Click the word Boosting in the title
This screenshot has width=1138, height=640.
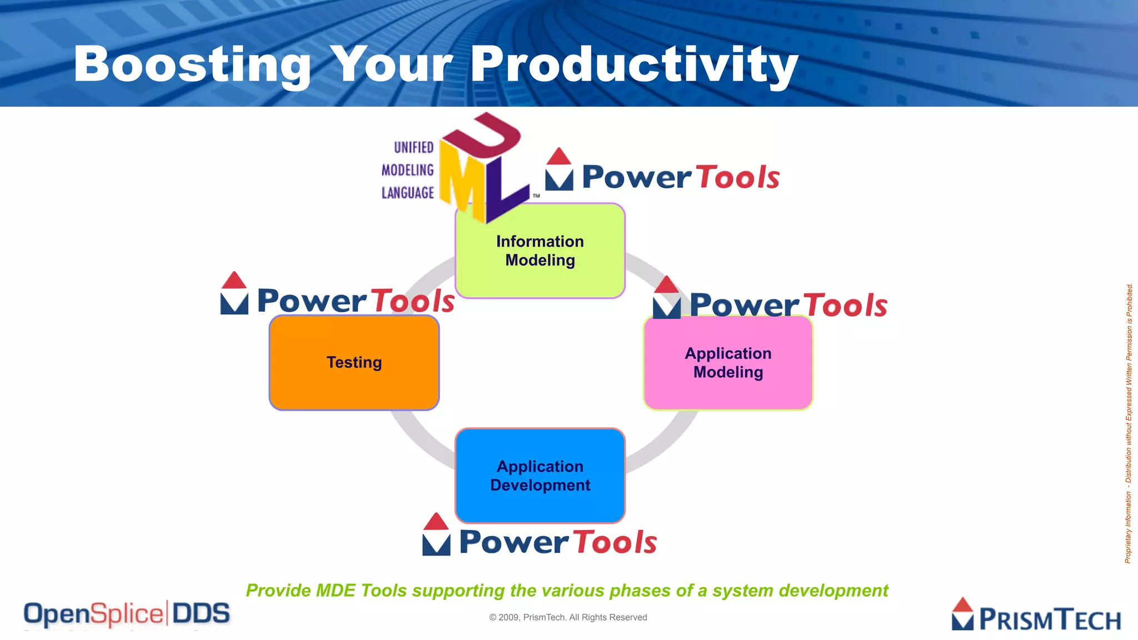[x=192, y=65]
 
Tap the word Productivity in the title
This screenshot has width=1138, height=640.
[x=633, y=65]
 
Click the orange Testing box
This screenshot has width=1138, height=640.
[x=354, y=363]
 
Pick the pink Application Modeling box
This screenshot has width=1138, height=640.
[x=728, y=363]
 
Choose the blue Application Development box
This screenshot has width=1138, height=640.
[x=540, y=476]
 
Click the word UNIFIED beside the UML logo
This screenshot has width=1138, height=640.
[x=413, y=147]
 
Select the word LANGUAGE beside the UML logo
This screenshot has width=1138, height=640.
[x=407, y=193]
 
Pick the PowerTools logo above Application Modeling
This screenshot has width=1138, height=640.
[x=770, y=301]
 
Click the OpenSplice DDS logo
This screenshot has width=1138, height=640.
[x=127, y=614]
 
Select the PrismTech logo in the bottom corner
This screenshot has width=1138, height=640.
[x=1036, y=616]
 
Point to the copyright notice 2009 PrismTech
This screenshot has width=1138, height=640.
[x=568, y=617]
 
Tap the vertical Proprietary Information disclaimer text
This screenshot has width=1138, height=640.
[x=1129, y=422]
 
